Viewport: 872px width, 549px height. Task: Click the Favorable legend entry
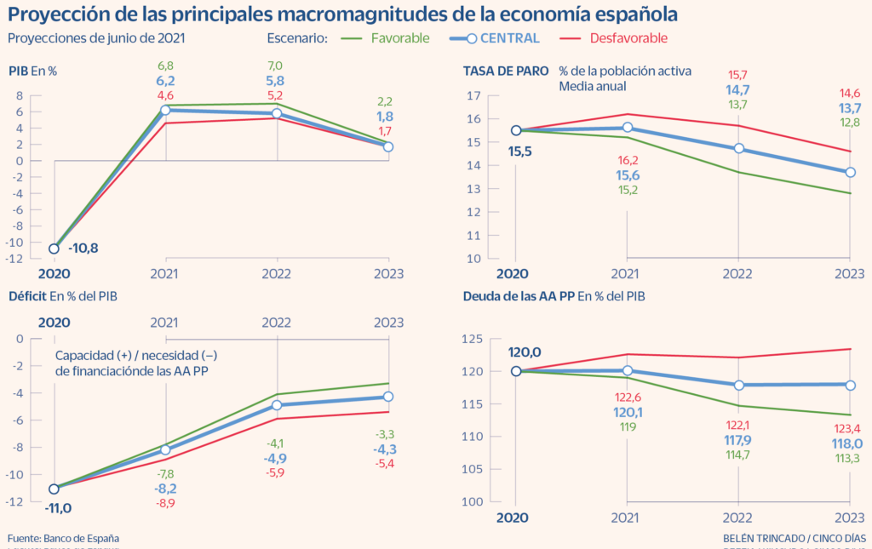coord(400,38)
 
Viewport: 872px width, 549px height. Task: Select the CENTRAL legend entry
coord(509,38)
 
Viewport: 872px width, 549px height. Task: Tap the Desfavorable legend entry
coord(629,38)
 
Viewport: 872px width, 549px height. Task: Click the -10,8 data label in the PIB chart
coord(83,248)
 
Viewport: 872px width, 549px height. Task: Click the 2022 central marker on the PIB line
coord(277,113)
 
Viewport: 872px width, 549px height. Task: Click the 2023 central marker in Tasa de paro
coord(850,172)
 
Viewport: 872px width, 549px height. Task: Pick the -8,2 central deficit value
coord(165,489)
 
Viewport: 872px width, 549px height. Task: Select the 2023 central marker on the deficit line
coord(389,397)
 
